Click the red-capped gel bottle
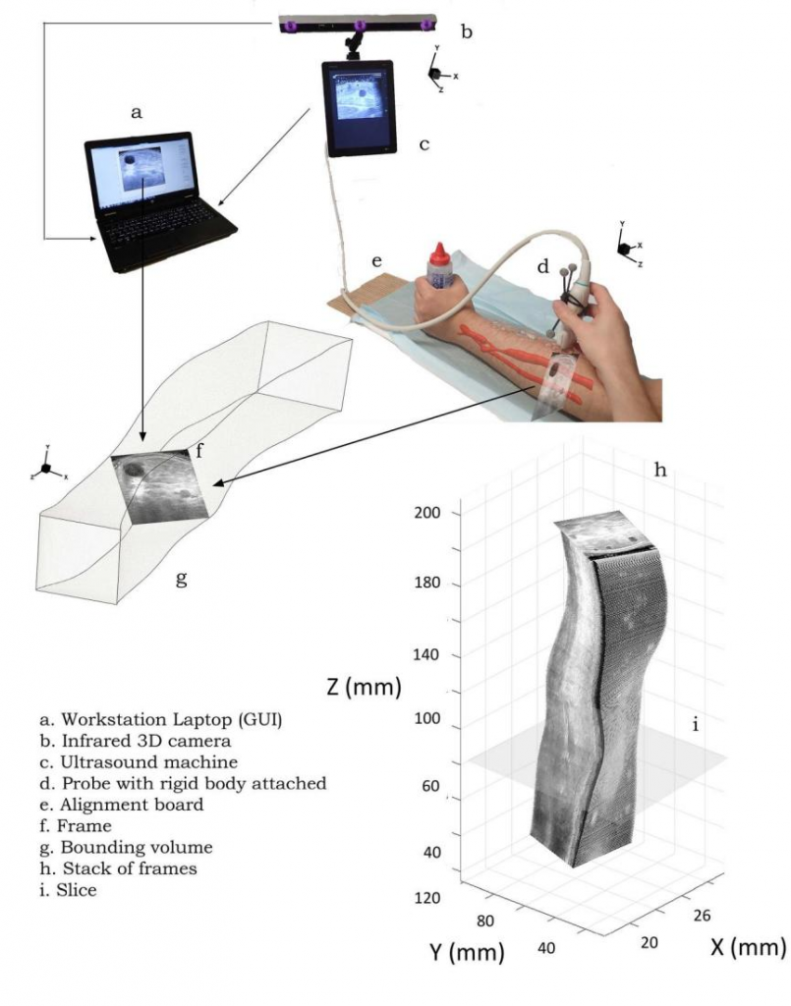coord(439,267)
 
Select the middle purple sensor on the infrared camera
coord(360,25)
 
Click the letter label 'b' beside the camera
coord(467,30)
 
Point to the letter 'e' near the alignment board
coord(376,261)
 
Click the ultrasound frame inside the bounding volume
coord(160,486)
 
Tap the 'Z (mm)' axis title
coord(365,687)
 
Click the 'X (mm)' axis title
coord(748,947)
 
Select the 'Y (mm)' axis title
coord(467,952)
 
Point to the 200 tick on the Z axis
coord(427,513)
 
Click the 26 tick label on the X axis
coord(702,915)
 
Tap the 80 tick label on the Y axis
coord(485,921)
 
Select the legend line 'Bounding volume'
coord(126,848)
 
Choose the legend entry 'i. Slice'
coord(68,890)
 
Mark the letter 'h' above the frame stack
coord(660,471)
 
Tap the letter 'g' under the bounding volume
coord(182,579)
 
